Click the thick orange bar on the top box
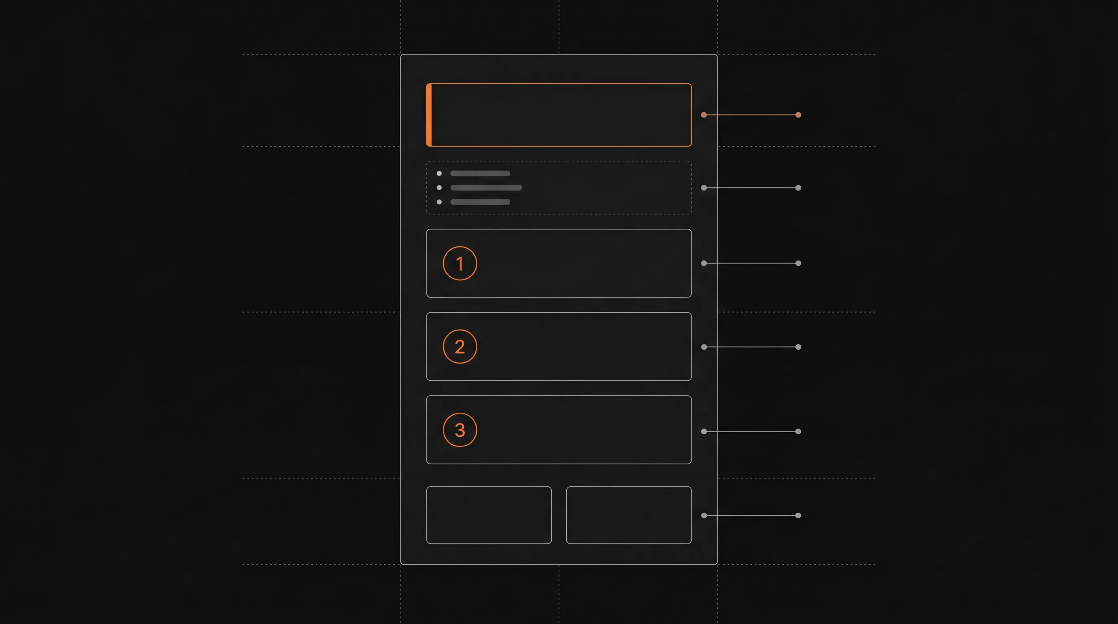pyautogui.click(x=429, y=115)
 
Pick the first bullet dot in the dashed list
pyautogui.click(x=439, y=173)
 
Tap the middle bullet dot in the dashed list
pyautogui.click(x=439, y=188)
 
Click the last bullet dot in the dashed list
pyautogui.click(x=439, y=202)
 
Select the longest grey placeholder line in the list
pyautogui.click(x=486, y=188)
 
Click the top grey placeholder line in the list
pyautogui.click(x=480, y=173)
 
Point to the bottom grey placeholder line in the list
pyautogui.click(x=480, y=202)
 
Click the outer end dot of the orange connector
pyautogui.click(x=798, y=115)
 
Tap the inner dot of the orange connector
pyautogui.click(x=704, y=115)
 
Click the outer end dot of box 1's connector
pyautogui.click(x=798, y=263)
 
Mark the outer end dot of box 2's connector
pyautogui.click(x=798, y=347)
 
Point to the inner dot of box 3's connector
pyautogui.click(x=704, y=432)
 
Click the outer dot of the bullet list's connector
pyautogui.click(x=798, y=188)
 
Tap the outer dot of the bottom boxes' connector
pyautogui.click(x=798, y=516)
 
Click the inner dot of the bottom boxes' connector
pyautogui.click(x=704, y=516)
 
